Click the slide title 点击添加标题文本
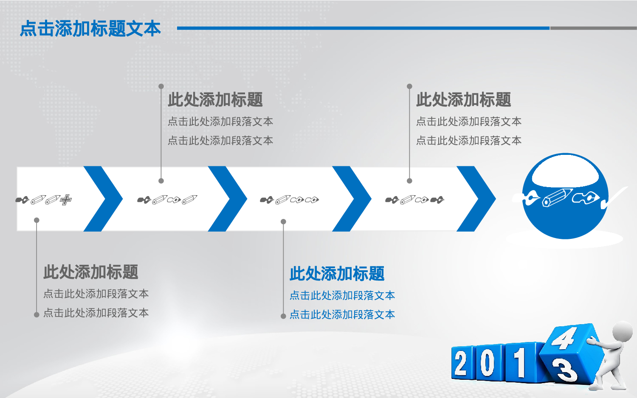point(90,28)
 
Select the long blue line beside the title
point(363,28)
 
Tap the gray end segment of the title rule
point(593,28)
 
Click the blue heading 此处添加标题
point(337,274)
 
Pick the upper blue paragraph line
point(342,295)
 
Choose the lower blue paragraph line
point(342,314)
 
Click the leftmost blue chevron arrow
point(103,199)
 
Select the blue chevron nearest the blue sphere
point(476,199)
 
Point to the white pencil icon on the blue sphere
point(557,197)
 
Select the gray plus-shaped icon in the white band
point(66,199)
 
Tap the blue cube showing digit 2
point(462,363)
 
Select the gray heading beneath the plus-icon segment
point(91,272)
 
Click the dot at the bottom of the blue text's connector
point(283,316)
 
